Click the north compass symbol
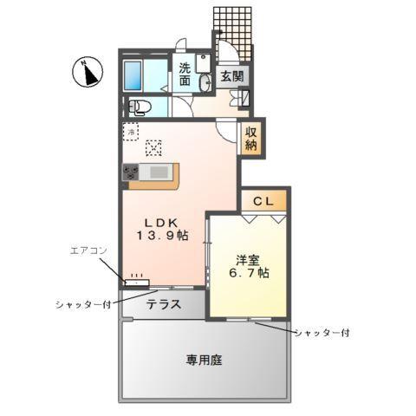[87, 71]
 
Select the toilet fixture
[139, 108]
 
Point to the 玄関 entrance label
[232, 76]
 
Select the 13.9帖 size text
[159, 236]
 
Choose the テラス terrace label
[163, 304]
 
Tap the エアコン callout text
[88, 250]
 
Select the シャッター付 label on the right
[321, 333]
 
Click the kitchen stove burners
[132, 172]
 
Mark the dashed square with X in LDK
[153, 146]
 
